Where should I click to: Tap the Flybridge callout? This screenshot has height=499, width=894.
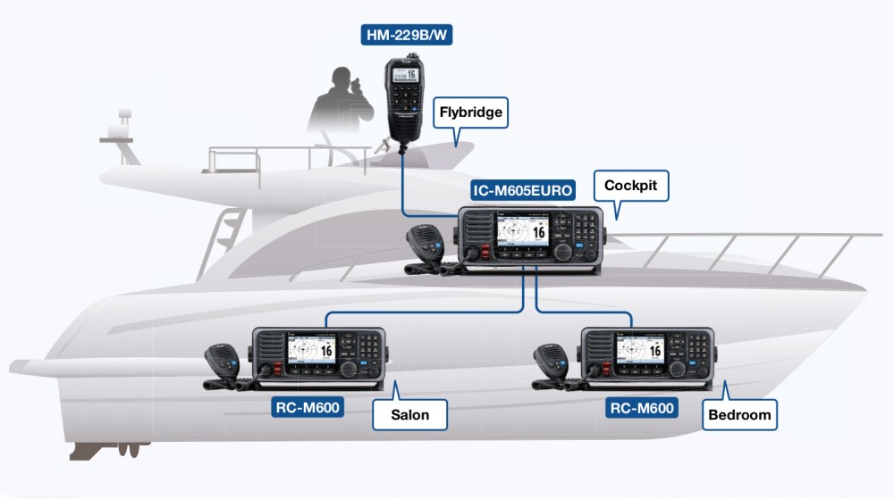tap(471, 113)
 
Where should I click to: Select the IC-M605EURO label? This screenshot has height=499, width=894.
tap(523, 189)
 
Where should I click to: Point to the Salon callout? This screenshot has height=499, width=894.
tap(409, 415)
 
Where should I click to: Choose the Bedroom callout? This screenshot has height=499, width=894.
tap(738, 415)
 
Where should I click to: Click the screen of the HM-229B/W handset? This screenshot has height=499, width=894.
tap(403, 74)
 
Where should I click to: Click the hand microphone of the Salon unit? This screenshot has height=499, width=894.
tap(218, 359)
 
